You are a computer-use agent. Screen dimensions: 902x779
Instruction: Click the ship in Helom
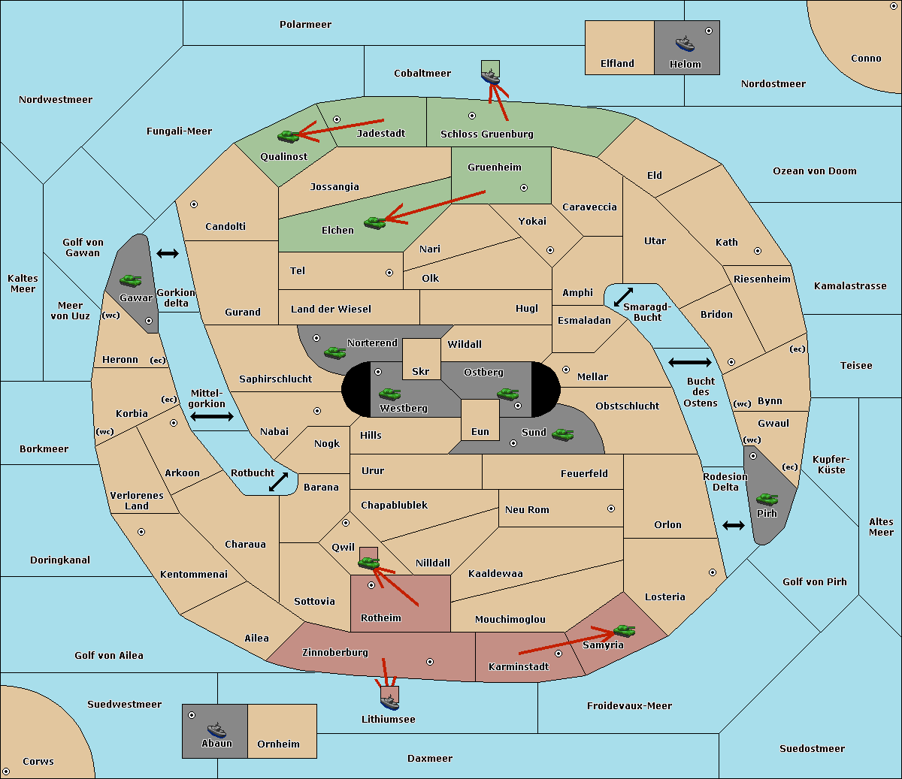pos(685,44)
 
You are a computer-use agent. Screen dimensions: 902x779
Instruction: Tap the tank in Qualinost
pos(289,137)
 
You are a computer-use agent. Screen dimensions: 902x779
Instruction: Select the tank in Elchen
pos(375,223)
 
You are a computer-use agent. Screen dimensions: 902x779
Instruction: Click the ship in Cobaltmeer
pos(490,77)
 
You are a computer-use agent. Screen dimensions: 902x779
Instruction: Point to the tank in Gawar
pos(131,280)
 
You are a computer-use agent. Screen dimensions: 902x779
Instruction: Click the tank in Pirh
pos(767,499)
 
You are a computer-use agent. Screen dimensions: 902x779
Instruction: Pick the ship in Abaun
pos(216,729)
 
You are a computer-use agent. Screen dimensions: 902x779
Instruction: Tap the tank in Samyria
pos(624,630)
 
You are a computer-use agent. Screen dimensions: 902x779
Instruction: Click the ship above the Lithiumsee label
pos(389,702)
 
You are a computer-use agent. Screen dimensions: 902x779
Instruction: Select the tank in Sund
pos(562,434)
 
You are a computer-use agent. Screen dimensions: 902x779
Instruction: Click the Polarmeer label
pos(305,25)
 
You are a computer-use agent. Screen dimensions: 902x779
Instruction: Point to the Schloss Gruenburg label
pos(487,134)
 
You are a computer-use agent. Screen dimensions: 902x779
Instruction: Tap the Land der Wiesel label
pos(331,309)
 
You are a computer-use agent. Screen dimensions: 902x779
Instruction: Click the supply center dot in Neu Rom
pos(611,509)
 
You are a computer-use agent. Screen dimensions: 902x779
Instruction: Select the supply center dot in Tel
pos(389,273)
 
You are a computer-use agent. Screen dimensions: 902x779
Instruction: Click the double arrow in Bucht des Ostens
pos(690,362)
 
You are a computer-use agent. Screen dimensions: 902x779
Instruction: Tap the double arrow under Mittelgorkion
pos(212,416)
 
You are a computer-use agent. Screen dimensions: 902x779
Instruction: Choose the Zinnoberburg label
pos(335,653)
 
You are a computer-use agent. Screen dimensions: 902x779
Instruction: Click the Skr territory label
pos(421,371)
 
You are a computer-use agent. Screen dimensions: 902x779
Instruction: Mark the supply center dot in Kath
pos(758,251)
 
